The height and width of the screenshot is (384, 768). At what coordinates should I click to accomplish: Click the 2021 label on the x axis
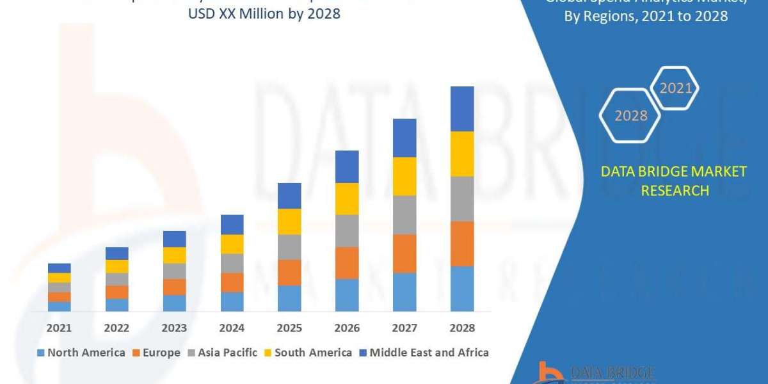[59, 328]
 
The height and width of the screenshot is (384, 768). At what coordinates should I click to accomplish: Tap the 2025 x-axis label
[289, 328]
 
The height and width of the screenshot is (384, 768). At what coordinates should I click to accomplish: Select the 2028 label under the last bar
[462, 328]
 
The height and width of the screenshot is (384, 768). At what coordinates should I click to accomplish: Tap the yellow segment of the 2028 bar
[462, 154]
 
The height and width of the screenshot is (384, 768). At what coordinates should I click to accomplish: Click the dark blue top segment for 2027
[404, 138]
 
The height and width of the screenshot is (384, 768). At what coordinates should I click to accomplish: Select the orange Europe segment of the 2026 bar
[347, 262]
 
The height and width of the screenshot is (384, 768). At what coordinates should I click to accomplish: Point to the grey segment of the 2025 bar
[289, 246]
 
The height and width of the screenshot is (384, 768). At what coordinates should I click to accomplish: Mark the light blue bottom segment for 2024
[232, 301]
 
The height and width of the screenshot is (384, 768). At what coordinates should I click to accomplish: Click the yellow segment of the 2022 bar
[116, 266]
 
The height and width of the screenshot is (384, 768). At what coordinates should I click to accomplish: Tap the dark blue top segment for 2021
[59, 268]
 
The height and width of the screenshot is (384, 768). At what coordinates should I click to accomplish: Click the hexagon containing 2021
[675, 88]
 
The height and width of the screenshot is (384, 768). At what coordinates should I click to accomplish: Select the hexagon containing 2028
[630, 116]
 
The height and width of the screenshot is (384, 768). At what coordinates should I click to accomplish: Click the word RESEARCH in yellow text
[674, 191]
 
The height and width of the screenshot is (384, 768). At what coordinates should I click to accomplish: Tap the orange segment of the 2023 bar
[174, 287]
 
